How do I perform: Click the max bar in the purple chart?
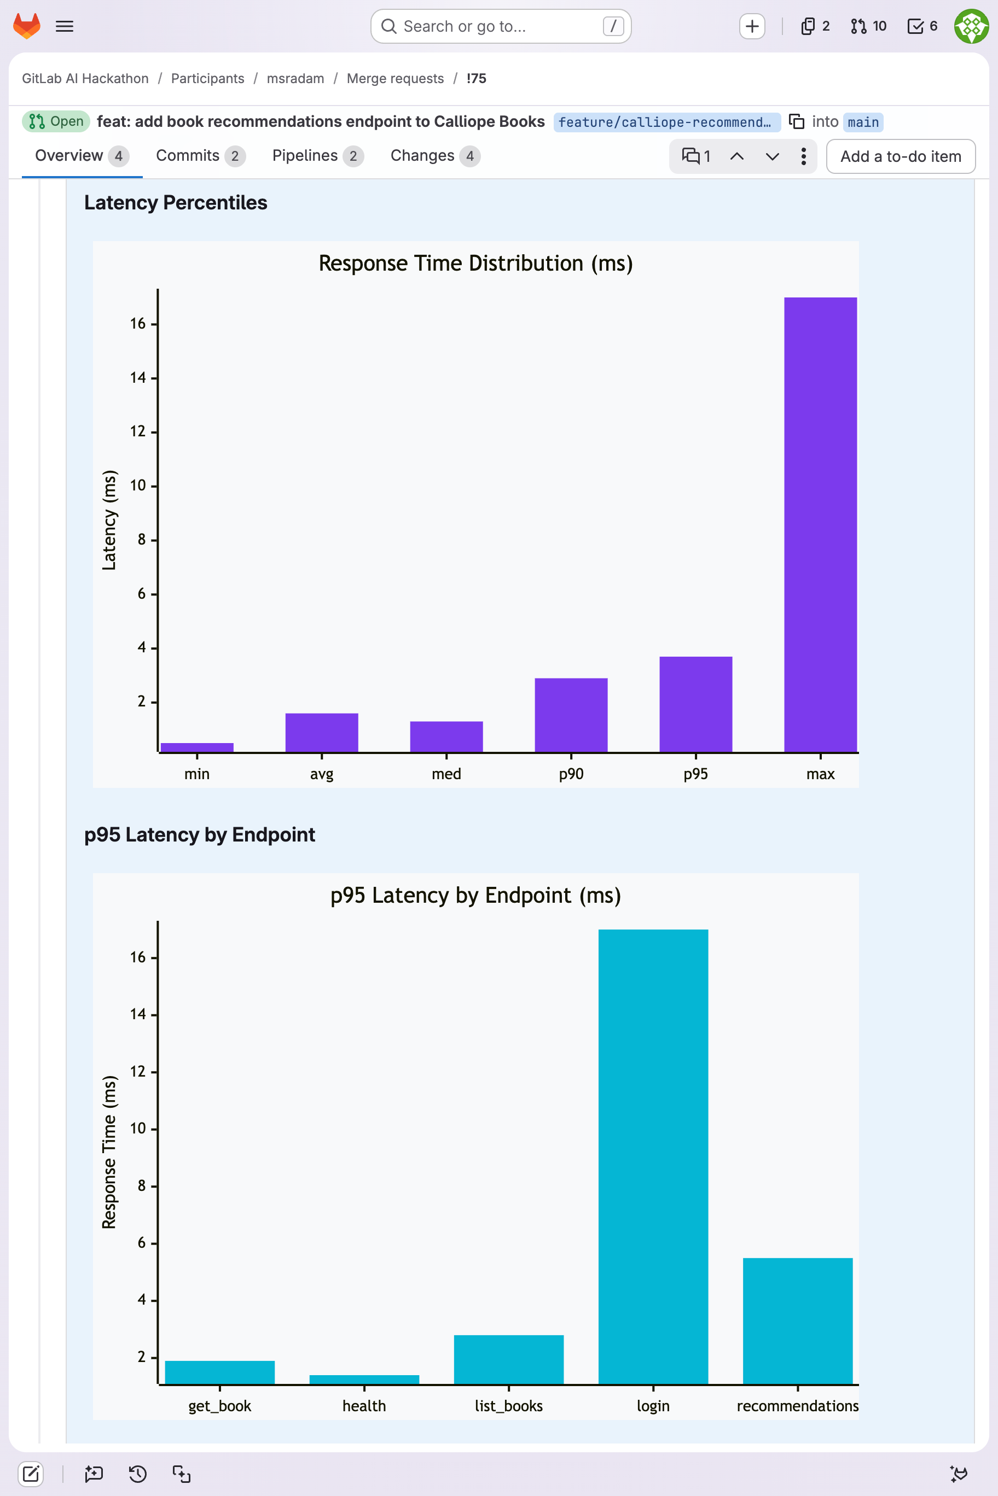[x=820, y=524]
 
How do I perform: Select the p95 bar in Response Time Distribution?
[x=695, y=704]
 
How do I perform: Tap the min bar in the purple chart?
[x=196, y=747]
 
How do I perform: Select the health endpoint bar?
[x=364, y=1379]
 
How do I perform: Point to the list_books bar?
[x=508, y=1359]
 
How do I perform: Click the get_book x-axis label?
[x=219, y=1406]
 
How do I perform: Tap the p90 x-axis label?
[x=571, y=774]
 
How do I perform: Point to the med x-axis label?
[x=446, y=774]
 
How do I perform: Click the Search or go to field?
[x=500, y=26]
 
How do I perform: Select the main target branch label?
[x=862, y=121]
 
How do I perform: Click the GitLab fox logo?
[x=27, y=26]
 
